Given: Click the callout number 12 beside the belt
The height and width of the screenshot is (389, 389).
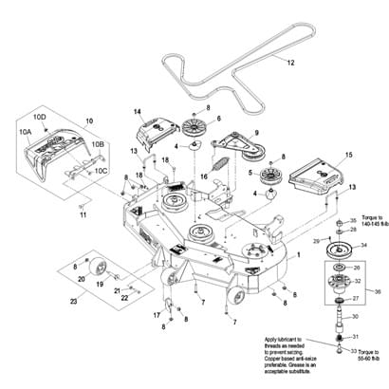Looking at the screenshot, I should click(x=290, y=62).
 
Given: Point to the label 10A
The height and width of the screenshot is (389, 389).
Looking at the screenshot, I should click(x=26, y=133).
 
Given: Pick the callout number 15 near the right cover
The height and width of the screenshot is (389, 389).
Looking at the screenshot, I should click(x=348, y=154).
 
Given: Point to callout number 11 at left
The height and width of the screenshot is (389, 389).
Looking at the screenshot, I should click(x=83, y=215).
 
